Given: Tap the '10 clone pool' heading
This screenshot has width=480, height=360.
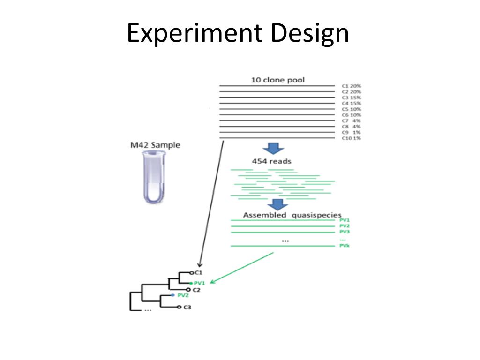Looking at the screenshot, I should [x=278, y=80].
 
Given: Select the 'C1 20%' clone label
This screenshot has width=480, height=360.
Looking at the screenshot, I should [x=352, y=86].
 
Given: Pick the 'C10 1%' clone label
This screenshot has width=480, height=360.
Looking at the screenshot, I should [x=352, y=138].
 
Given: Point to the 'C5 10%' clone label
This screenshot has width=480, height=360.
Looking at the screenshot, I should [x=352, y=109].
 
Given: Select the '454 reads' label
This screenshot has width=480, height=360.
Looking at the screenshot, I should [x=271, y=162].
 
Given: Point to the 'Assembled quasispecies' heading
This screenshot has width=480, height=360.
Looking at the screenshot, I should [x=292, y=215].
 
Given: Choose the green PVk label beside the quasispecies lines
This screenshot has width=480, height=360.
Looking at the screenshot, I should [x=345, y=246].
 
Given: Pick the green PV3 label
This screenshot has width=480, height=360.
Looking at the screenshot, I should [x=345, y=232].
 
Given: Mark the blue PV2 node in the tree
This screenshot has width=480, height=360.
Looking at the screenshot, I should [x=173, y=295].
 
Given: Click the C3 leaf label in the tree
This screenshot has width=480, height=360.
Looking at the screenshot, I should [x=187, y=307].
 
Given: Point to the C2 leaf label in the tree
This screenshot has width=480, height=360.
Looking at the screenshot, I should [x=196, y=290].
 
